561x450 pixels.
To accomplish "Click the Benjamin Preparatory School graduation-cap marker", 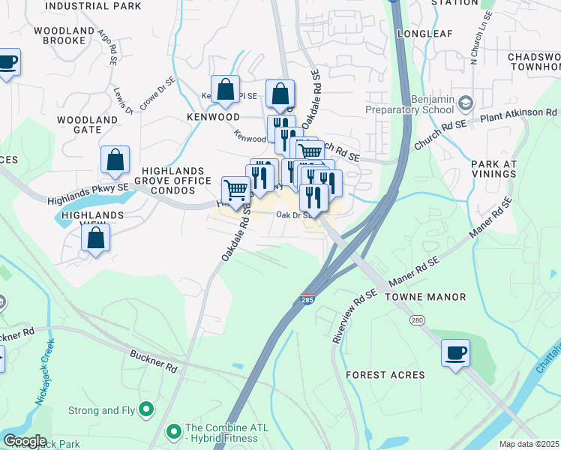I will pos(465,102).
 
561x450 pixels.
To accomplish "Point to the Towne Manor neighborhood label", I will pos(425,297).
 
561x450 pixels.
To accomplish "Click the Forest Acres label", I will pos(385,375).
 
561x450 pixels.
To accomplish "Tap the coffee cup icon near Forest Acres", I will pos(455,352).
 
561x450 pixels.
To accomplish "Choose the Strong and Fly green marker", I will pos(146,410).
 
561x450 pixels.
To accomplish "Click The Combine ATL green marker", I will pos(174,431).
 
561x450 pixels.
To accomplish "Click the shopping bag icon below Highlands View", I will pos(96,238).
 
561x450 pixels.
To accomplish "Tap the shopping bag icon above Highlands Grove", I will pos(115,160).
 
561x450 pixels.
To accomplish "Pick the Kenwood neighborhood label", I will pos(213,118).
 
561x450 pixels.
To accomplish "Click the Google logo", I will pos(25,440).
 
